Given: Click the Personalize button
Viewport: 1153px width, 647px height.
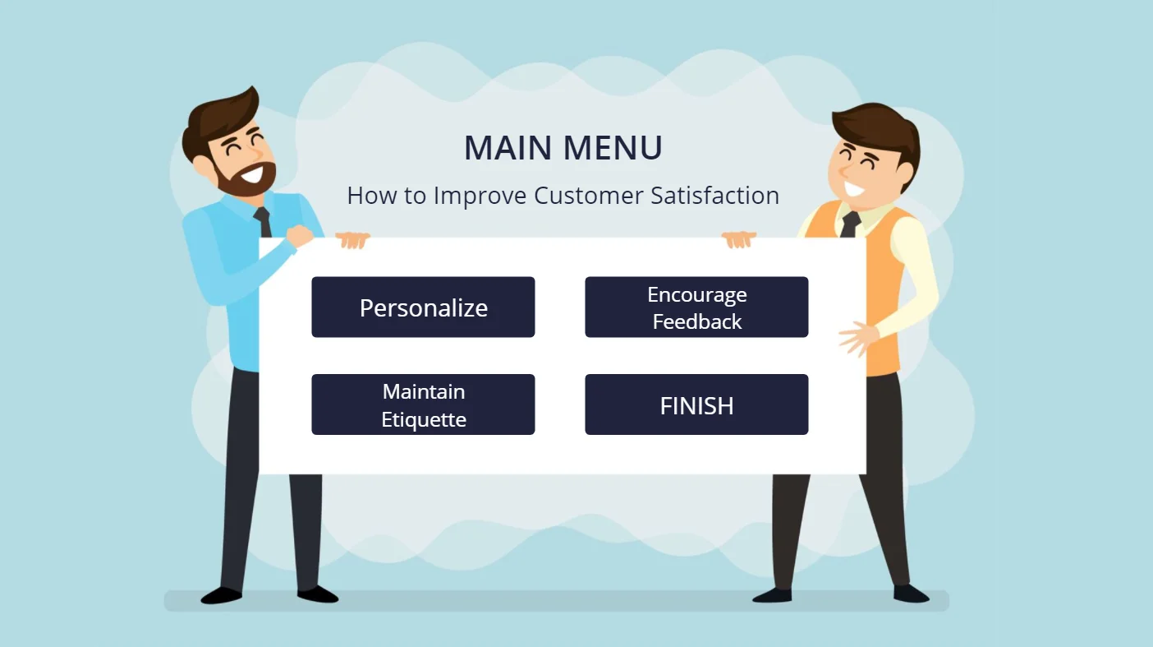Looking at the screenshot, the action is click(423, 307).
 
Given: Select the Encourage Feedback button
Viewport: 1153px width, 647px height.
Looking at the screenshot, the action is click(696, 307).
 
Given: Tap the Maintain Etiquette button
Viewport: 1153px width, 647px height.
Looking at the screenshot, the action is click(423, 404).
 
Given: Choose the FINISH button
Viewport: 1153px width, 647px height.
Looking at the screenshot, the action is click(696, 404).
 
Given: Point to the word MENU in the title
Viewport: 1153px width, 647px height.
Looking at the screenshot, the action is click(613, 148).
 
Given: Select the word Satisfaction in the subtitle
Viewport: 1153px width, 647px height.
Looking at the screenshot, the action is click(715, 196).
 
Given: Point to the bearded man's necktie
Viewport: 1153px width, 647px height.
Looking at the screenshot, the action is click(263, 222).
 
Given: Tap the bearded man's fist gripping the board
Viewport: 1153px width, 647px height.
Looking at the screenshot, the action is click(300, 237).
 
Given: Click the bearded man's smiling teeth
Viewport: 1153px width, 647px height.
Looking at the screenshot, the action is click(252, 174).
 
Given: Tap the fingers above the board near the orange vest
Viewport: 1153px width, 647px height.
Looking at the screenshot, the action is click(738, 239).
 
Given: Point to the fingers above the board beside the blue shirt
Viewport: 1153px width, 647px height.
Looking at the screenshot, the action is click(352, 240).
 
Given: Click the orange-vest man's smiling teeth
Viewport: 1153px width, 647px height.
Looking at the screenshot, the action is click(855, 189).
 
